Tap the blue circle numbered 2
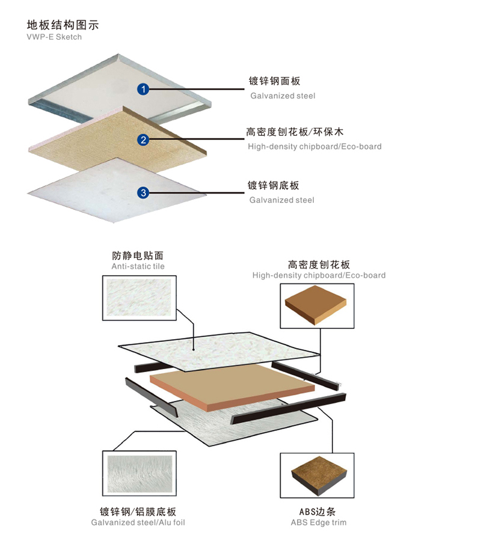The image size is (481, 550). pos(143,141)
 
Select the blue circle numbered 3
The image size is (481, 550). pos(143,193)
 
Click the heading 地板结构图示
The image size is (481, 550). pos(63,25)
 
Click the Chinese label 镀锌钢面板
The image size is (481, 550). pos(274,81)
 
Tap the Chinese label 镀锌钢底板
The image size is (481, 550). pos(274,186)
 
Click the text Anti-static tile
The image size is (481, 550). pos(138,266)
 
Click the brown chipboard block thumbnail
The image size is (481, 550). pos(317,307)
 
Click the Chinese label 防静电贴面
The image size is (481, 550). pos(138,255)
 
